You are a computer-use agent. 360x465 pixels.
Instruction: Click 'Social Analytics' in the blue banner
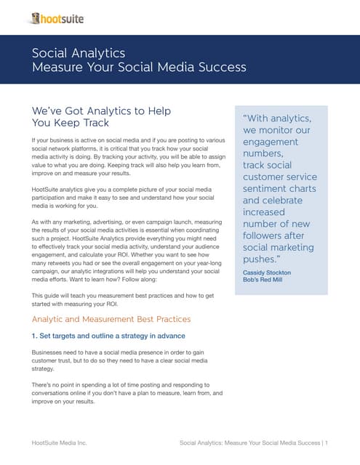(x=79, y=53)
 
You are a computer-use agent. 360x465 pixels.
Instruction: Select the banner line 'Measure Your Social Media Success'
(x=139, y=68)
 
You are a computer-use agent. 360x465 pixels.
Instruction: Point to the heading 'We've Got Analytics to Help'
(x=101, y=111)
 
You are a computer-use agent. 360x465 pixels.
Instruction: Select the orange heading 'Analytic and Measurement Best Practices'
(x=111, y=319)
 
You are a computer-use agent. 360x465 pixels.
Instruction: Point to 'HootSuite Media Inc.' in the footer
(x=59, y=442)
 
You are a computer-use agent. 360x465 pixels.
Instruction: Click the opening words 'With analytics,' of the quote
(x=279, y=118)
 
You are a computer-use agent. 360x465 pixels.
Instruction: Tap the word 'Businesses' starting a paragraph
(x=50, y=352)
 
